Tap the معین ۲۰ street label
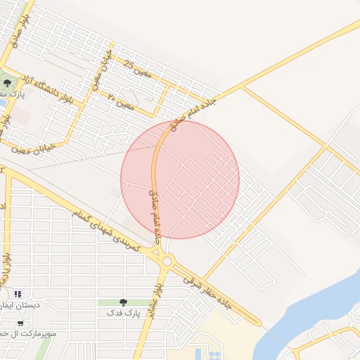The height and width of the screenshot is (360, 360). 121,102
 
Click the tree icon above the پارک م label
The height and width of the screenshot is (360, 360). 7,84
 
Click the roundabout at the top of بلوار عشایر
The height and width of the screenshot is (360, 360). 167,262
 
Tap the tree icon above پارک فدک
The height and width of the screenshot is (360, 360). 123,302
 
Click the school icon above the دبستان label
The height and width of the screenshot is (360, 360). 18,293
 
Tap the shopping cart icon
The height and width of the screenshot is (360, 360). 20,323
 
